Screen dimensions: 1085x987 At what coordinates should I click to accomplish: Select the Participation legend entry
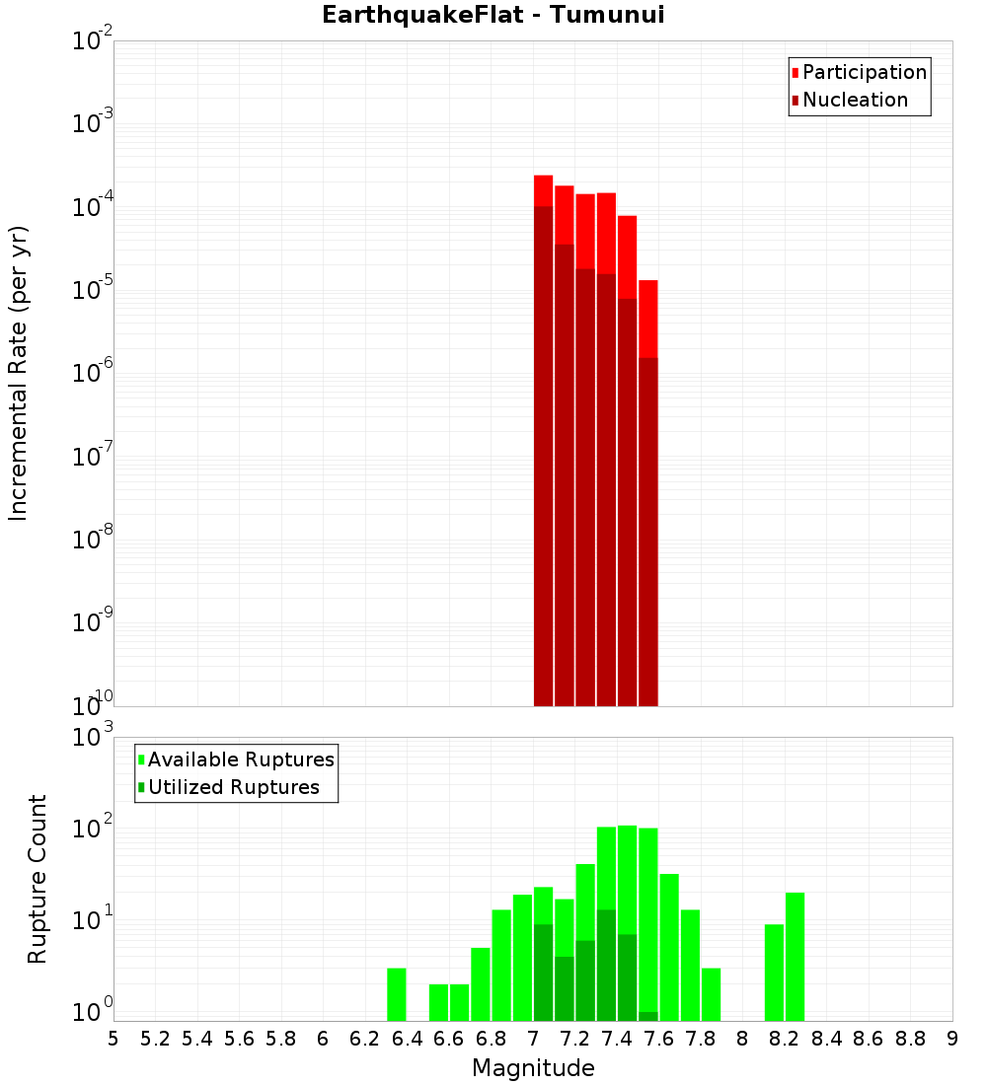864,72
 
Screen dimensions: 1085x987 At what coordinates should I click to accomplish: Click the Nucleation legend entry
854,100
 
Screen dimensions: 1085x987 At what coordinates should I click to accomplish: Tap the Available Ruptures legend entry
240,759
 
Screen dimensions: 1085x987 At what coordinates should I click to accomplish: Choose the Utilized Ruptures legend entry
232,787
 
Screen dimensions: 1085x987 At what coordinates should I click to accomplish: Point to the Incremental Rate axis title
19,373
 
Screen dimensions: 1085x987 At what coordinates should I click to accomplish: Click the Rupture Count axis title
38,879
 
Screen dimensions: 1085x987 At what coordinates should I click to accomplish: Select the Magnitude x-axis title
533,1068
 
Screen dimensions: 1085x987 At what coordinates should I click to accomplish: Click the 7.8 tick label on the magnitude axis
701,1038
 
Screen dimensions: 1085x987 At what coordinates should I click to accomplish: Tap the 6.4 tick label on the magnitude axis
407,1038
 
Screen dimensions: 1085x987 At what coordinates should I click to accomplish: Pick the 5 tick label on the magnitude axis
114,1038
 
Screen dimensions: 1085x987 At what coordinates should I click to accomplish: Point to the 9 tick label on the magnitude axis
952,1038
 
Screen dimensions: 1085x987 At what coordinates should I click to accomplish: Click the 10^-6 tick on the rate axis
93,373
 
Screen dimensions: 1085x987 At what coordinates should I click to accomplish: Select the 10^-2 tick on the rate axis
93,40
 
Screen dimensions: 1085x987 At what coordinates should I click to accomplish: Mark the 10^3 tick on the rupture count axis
93,737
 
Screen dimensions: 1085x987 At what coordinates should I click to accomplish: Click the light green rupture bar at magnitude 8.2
796,957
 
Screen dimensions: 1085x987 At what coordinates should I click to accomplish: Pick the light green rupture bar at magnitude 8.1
775,973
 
